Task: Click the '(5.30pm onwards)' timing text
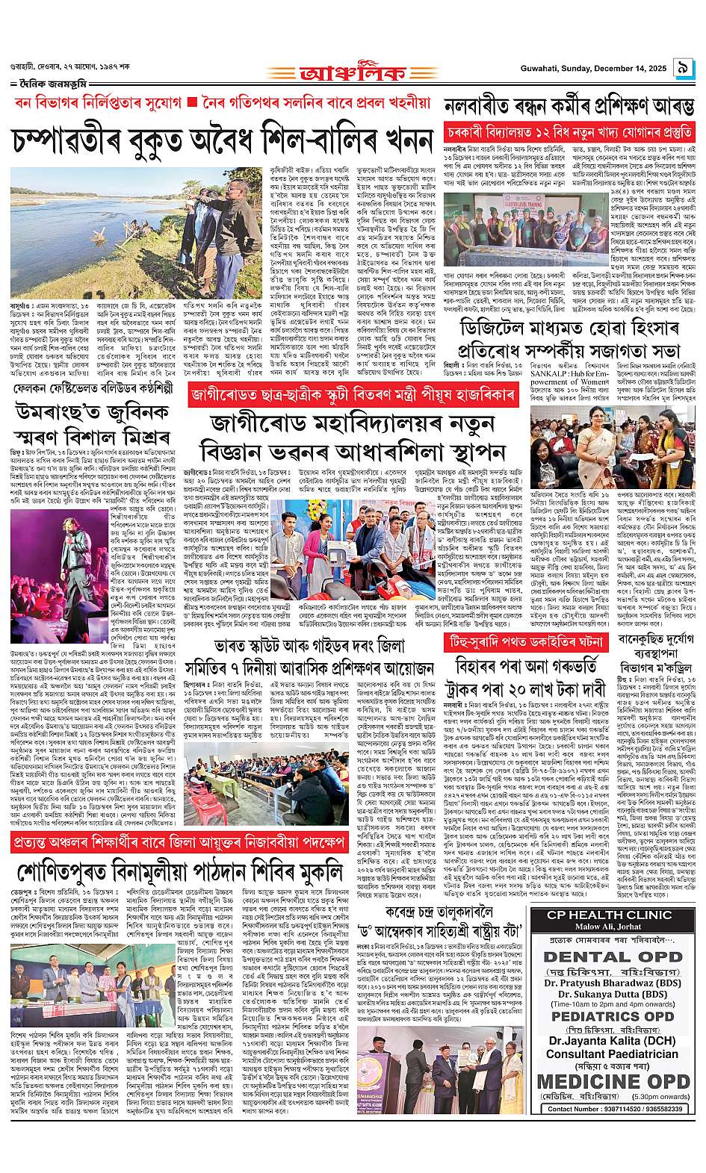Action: (x=657, y=1097)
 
